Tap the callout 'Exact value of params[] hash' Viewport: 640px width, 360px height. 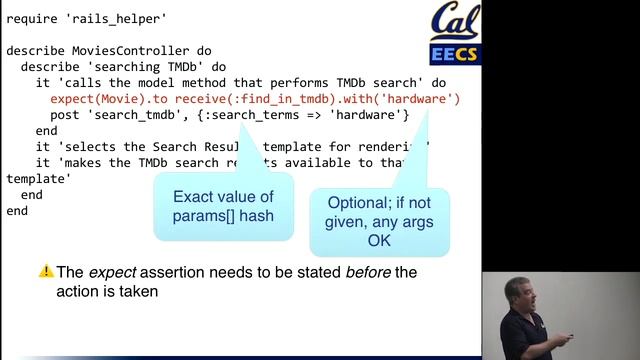223,205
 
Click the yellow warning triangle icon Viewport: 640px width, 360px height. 46,271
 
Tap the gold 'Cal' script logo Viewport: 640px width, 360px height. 455,22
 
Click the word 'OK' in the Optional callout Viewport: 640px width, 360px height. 379,240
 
